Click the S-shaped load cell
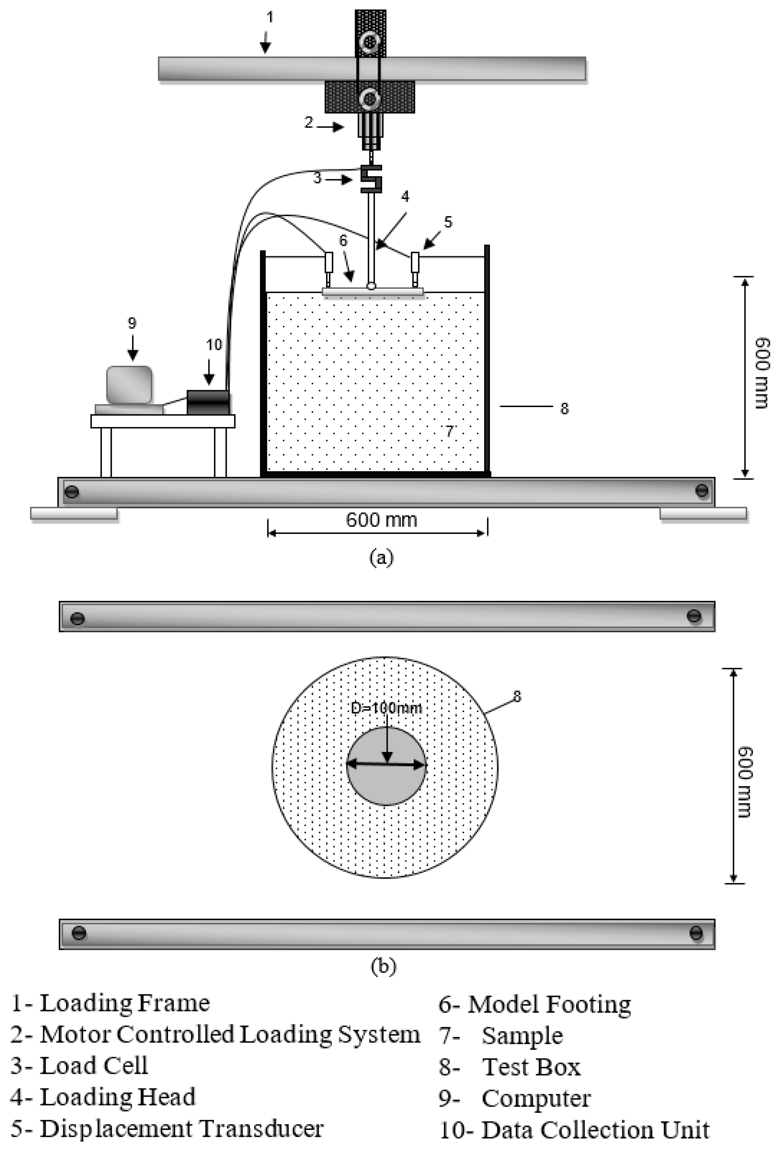pyautogui.click(x=371, y=178)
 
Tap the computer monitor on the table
pyautogui.click(x=129, y=385)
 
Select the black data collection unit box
pyautogui.click(x=208, y=402)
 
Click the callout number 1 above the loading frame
pyautogui.click(x=270, y=17)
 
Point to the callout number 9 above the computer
pyautogui.click(x=132, y=323)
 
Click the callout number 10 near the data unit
pyautogui.click(x=214, y=344)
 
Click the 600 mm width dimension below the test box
pyautogui.click(x=381, y=520)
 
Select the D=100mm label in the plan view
pyautogui.click(x=386, y=708)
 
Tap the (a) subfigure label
pyautogui.click(x=381, y=557)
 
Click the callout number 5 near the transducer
pyautogui.click(x=448, y=222)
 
